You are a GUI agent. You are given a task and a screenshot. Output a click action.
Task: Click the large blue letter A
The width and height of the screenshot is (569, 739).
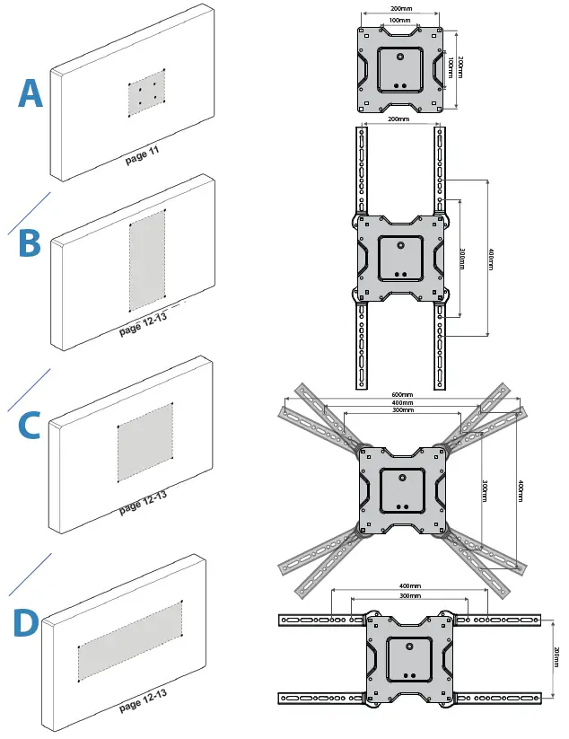tap(31, 93)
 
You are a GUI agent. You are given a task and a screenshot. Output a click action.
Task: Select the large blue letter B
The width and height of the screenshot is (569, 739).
tap(30, 243)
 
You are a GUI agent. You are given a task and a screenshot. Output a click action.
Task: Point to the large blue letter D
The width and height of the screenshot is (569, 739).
tap(28, 624)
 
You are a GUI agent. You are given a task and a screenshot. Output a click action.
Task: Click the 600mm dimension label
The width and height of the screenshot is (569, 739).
tap(402, 395)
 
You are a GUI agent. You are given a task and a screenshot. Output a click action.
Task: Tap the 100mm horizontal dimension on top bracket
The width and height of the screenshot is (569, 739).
tap(400, 19)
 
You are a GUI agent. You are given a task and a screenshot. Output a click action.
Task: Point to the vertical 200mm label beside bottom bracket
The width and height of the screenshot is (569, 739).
tap(557, 656)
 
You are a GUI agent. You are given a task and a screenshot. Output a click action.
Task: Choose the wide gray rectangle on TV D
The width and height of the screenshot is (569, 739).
tap(130, 640)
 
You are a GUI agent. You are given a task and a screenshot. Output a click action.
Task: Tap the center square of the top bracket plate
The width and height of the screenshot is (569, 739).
tap(400, 67)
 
